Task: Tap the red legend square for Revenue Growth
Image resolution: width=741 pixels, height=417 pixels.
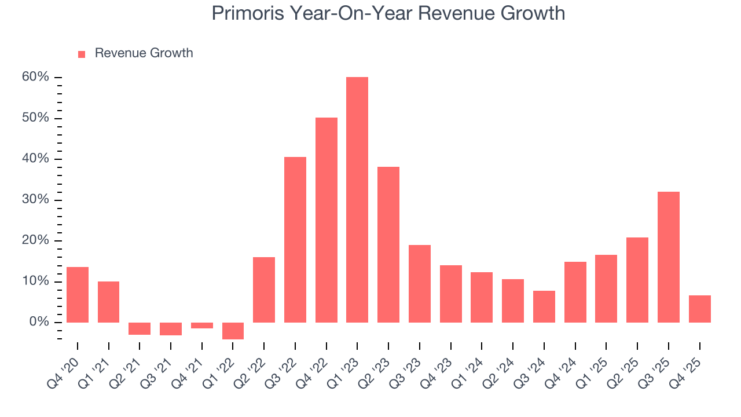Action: coord(82,54)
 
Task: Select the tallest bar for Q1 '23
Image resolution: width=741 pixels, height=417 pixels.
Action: coord(357,200)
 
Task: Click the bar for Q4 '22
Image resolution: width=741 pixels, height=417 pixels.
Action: coord(326,220)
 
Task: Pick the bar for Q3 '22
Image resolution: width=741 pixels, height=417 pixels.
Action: coord(295,240)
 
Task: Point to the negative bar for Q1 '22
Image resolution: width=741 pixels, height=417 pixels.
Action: coord(233,331)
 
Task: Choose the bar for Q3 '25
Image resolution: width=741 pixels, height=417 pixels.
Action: coord(668,257)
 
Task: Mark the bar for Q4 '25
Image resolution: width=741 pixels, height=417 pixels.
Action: coord(699,309)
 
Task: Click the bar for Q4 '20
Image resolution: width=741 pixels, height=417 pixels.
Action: coord(78,295)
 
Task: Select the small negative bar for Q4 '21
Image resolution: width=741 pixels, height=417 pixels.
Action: coord(201,325)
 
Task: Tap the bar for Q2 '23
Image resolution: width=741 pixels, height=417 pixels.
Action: coord(388,244)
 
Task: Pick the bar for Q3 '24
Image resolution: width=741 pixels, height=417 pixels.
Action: coord(544,306)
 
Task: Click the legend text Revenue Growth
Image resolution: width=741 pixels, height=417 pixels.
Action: coord(144,53)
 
